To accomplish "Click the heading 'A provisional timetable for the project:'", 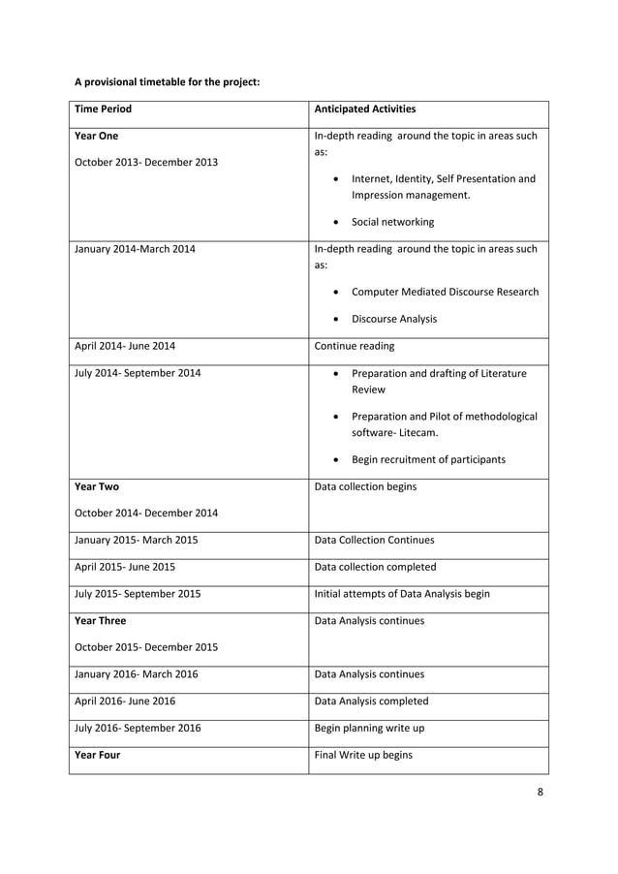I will tap(167, 81).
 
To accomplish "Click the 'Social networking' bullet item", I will tap(392, 222).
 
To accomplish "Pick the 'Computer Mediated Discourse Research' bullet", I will tap(445, 292).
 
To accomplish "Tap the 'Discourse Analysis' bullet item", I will tap(393, 319).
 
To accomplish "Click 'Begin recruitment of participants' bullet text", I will tap(428, 459).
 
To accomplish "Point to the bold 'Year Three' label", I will tap(100, 621).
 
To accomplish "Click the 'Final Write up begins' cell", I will tap(364, 755).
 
